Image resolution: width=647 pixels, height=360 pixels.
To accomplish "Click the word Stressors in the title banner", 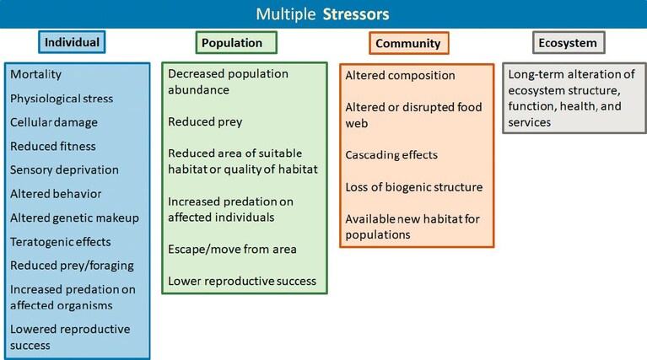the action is (x=356, y=14).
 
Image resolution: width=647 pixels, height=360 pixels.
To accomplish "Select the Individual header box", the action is (x=72, y=42).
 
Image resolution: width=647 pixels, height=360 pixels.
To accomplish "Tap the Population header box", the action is (x=236, y=42).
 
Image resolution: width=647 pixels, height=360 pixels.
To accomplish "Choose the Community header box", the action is (x=409, y=43).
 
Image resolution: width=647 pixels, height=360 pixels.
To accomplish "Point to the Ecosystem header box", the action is (x=569, y=42).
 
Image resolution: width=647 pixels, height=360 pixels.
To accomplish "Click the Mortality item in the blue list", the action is (x=36, y=75).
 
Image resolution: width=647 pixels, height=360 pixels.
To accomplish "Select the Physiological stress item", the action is (x=62, y=99).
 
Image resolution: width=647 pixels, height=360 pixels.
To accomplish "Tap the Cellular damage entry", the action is (x=54, y=122).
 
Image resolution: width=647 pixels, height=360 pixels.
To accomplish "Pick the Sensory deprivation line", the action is (x=64, y=170).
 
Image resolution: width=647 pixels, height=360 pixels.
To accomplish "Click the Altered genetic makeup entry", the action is (x=75, y=218).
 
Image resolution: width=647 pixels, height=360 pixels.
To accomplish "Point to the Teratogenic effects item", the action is (x=61, y=242).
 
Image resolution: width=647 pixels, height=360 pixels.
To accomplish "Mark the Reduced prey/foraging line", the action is (x=73, y=266).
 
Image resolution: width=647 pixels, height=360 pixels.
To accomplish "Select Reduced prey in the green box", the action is (x=205, y=122).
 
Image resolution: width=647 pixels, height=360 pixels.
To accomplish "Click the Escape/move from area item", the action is (x=232, y=250).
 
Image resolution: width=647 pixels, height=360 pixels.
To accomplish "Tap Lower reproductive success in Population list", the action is (x=242, y=282).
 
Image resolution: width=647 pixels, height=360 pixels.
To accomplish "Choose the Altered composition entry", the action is (x=400, y=76).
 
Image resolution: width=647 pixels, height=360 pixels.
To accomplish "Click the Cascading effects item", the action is (x=391, y=155).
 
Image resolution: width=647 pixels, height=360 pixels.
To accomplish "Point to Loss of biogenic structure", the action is (x=414, y=187).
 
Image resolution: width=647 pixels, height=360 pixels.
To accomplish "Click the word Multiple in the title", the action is (x=285, y=14).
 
